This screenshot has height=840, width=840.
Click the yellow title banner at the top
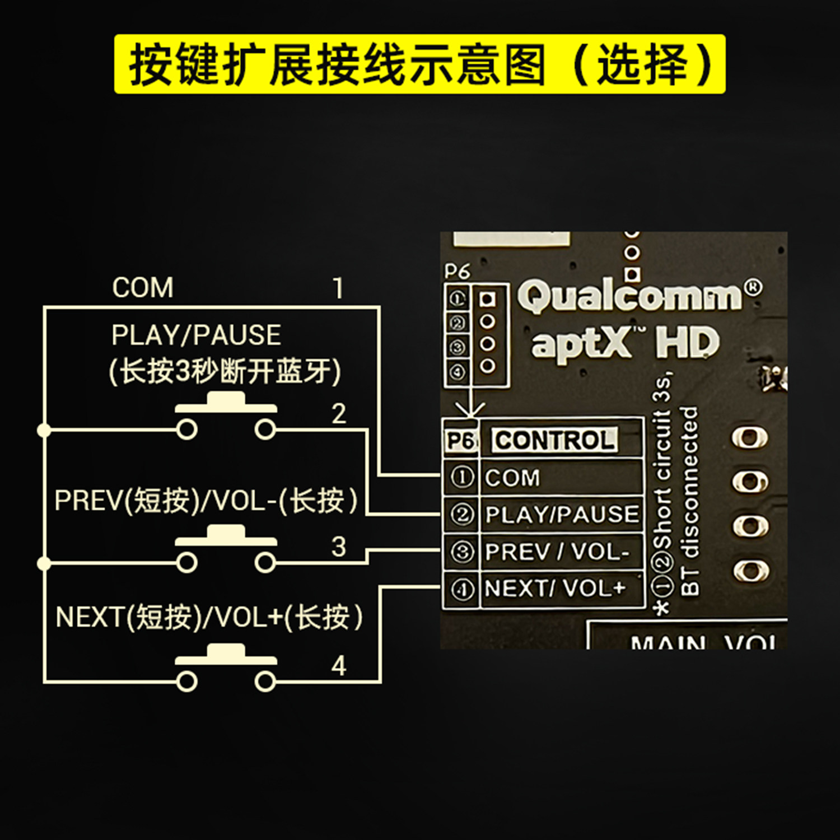tap(419, 64)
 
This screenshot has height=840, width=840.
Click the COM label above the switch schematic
tap(143, 288)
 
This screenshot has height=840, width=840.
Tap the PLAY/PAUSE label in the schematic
tap(196, 335)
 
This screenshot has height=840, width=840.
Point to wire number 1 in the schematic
tap(338, 288)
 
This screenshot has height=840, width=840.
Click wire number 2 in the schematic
tap(339, 414)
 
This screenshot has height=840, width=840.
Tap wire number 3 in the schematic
tap(339, 547)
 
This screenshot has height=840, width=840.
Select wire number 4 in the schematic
tap(339, 666)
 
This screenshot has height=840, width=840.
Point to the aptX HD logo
tap(624, 343)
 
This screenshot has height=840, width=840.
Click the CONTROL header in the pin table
tap(555, 440)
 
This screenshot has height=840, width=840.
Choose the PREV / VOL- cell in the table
tap(557, 552)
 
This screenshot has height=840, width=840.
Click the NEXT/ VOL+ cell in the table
tap(555, 589)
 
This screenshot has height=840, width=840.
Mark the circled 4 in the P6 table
tap(462, 589)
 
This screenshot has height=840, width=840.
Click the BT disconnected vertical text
tap(690, 501)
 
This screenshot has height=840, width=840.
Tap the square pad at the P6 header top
tap(488, 300)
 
